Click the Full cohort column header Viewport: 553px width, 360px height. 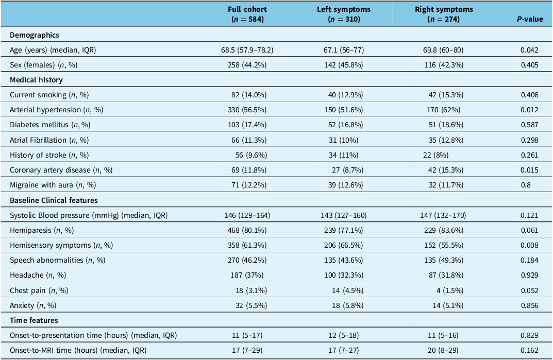[x=247, y=14]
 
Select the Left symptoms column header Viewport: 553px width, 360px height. [x=344, y=14]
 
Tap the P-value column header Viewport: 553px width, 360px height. [x=530, y=19]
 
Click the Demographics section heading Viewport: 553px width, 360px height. [x=35, y=35]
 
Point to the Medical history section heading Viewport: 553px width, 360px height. [x=36, y=80]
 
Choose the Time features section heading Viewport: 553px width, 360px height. [x=34, y=320]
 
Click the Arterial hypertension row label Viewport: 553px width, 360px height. [x=56, y=110]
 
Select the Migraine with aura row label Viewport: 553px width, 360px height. [x=53, y=185]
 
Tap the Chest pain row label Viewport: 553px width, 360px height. [x=39, y=290]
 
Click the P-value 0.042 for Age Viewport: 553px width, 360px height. [x=529, y=50]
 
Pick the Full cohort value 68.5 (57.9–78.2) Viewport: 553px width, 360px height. [x=247, y=50]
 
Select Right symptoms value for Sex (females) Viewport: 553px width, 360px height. [x=444, y=65]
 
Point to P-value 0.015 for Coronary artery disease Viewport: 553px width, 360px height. [x=529, y=170]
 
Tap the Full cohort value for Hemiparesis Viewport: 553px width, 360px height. [x=247, y=230]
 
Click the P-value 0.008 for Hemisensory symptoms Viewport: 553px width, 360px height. [x=529, y=245]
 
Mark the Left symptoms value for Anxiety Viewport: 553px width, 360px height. [x=347, y=305]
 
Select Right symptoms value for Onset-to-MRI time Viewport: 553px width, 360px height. [x=443, y=350]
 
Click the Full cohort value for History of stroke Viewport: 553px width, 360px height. [x=251, y=155]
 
